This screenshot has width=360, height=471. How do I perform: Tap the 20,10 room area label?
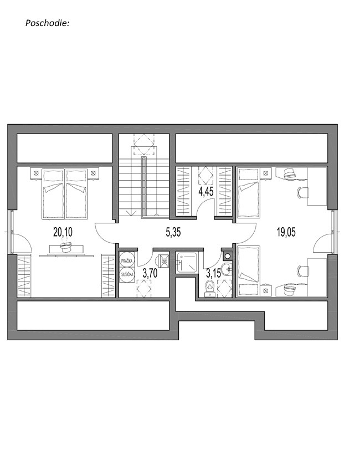63,232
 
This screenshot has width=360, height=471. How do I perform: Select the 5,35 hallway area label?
173,232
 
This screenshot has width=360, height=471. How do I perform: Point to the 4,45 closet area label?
206,192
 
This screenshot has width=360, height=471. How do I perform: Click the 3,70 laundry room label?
150,273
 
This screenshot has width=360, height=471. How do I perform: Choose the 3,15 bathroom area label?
213,273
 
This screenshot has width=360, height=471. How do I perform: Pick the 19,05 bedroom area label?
286,232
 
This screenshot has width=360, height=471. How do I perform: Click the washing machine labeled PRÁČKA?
127,262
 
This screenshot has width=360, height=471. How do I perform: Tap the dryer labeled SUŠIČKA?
127,274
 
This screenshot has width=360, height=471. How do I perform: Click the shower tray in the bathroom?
187,262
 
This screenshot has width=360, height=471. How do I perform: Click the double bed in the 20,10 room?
65,193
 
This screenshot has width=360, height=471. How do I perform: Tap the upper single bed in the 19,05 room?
248,192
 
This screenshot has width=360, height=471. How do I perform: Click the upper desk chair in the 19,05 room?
302,192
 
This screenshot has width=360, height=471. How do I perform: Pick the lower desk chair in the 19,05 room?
302,272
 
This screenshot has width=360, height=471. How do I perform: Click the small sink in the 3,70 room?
164,261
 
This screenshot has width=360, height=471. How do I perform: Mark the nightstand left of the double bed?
36,173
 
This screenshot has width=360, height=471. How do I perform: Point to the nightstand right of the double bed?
94,173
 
